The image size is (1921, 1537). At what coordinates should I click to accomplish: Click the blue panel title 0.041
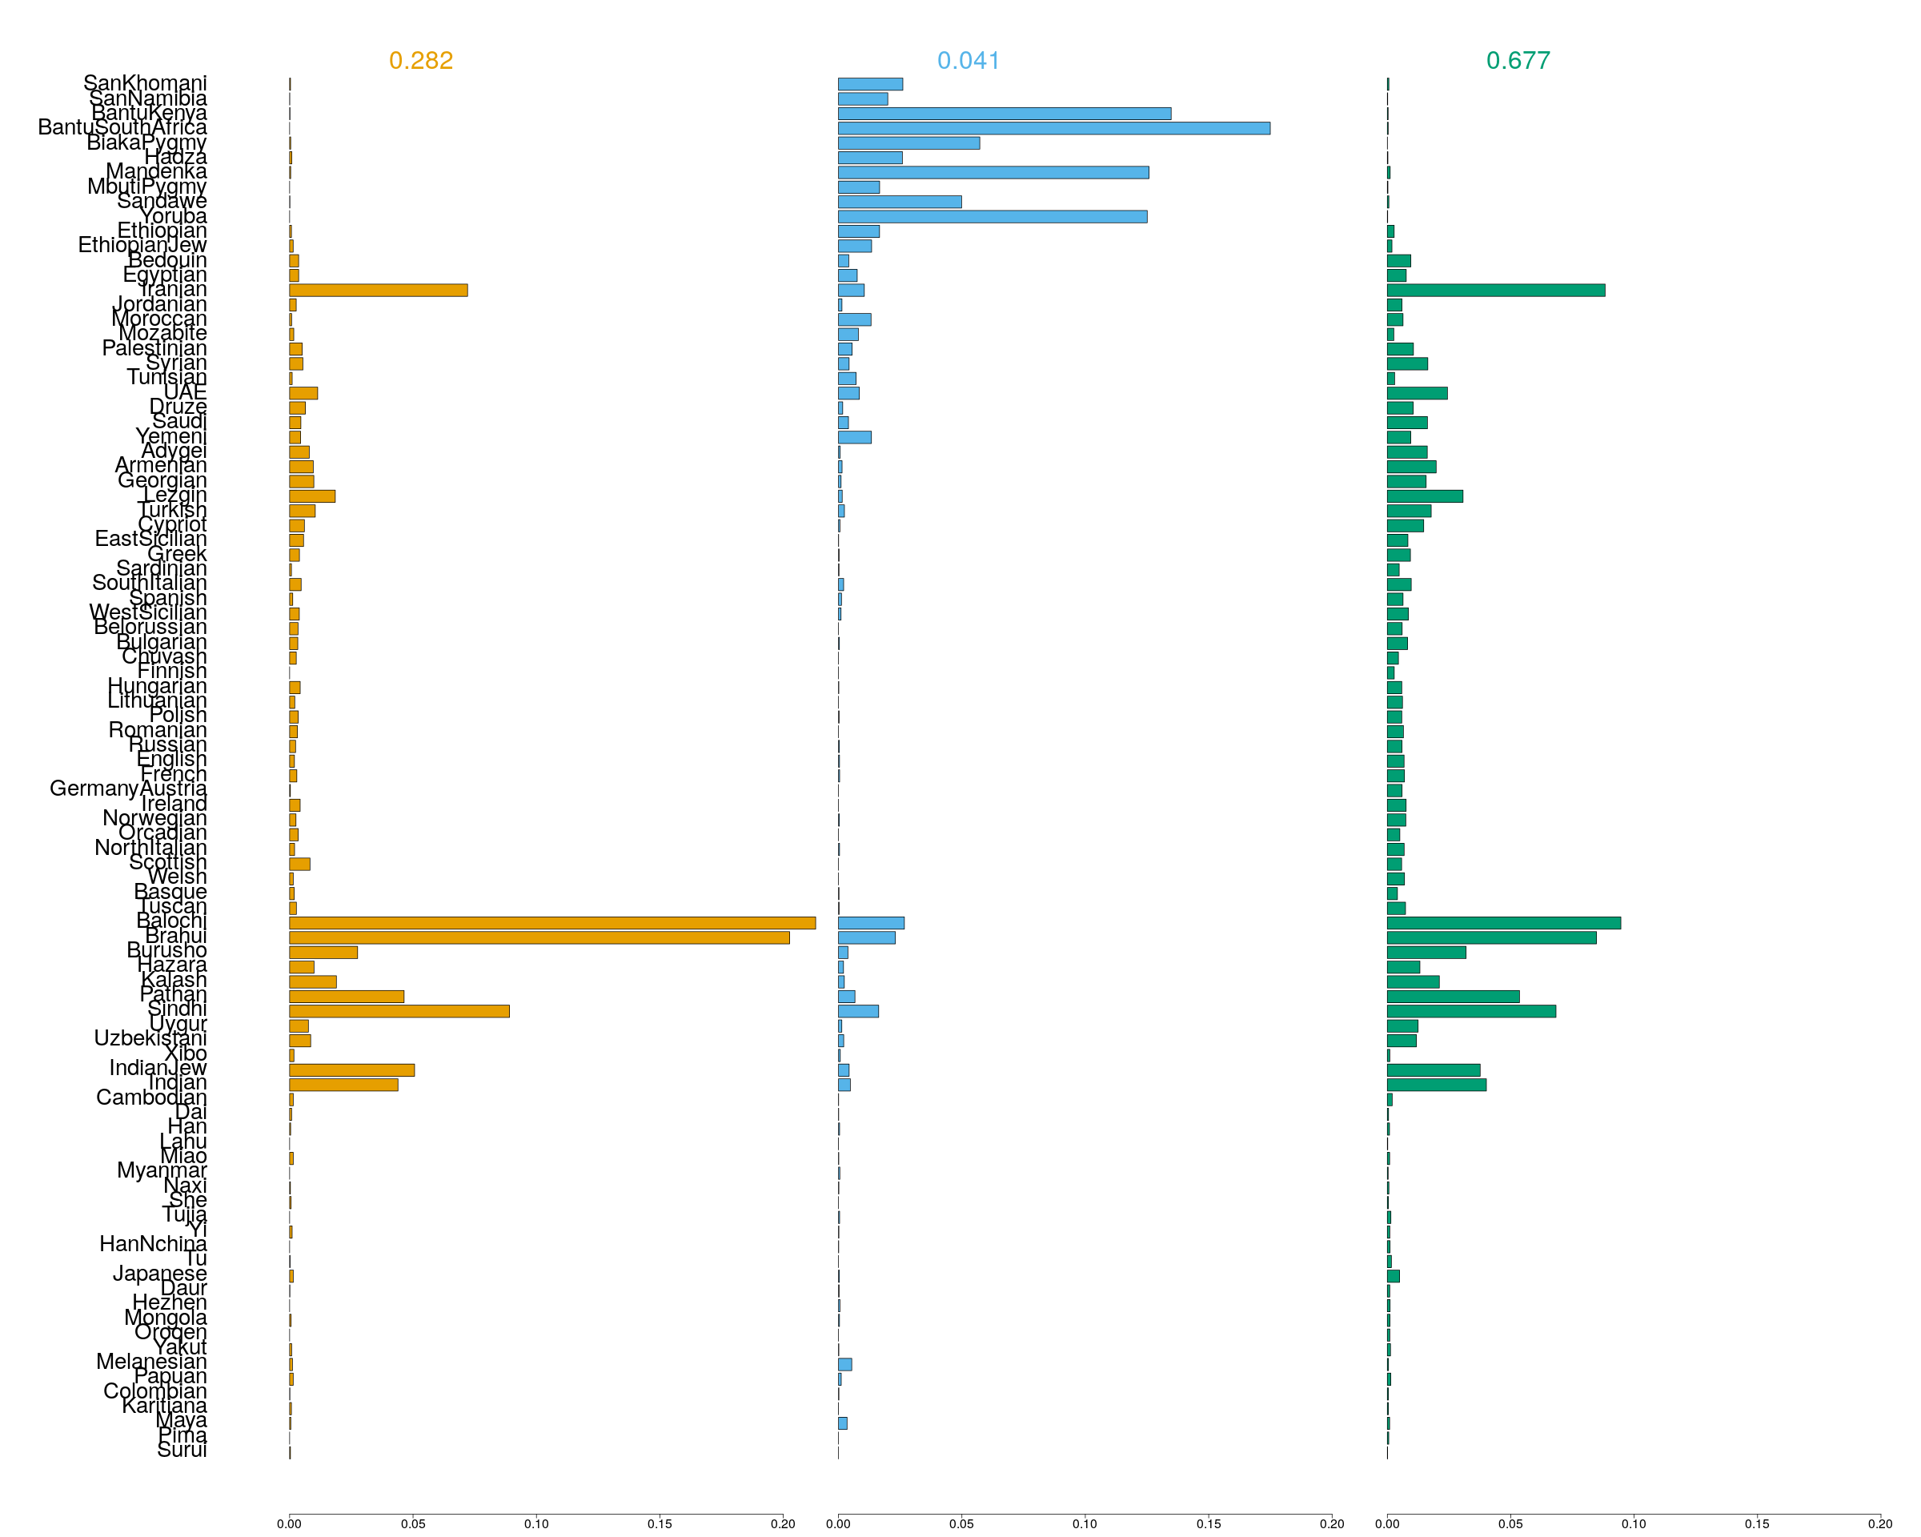click(969, 61)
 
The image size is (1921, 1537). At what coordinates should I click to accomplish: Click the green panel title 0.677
click(1518, 61)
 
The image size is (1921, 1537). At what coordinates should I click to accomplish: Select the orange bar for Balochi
click(551, 923)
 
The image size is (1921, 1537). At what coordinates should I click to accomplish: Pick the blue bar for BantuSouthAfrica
click(1053, 128)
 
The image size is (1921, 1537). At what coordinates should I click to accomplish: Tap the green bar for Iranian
click(1495, 291)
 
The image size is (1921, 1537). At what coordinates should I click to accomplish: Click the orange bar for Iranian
click(378, 291)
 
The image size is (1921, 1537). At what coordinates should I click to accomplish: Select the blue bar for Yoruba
click(992, 216)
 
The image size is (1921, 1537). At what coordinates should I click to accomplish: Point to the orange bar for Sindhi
click(399, 1011)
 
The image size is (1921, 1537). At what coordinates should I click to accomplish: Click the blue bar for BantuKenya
click(1005, 114)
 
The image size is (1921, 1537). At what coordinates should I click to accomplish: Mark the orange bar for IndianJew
click(351, 1070)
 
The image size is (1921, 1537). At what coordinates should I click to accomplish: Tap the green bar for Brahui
click(1490, 937)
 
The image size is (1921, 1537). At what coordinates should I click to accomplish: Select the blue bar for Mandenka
click(993, 173)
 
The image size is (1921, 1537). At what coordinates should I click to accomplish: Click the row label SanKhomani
click(144, 83)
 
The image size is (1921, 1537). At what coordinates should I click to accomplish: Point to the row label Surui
click(182, 1450)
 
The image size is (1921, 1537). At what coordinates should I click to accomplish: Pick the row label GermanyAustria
click(128, 789)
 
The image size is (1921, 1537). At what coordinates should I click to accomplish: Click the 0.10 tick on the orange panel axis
click(536, 1523)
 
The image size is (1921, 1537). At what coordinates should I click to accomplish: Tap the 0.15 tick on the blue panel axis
click(1208, 1523)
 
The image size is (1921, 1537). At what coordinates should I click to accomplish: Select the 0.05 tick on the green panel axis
click(1510, 1523)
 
